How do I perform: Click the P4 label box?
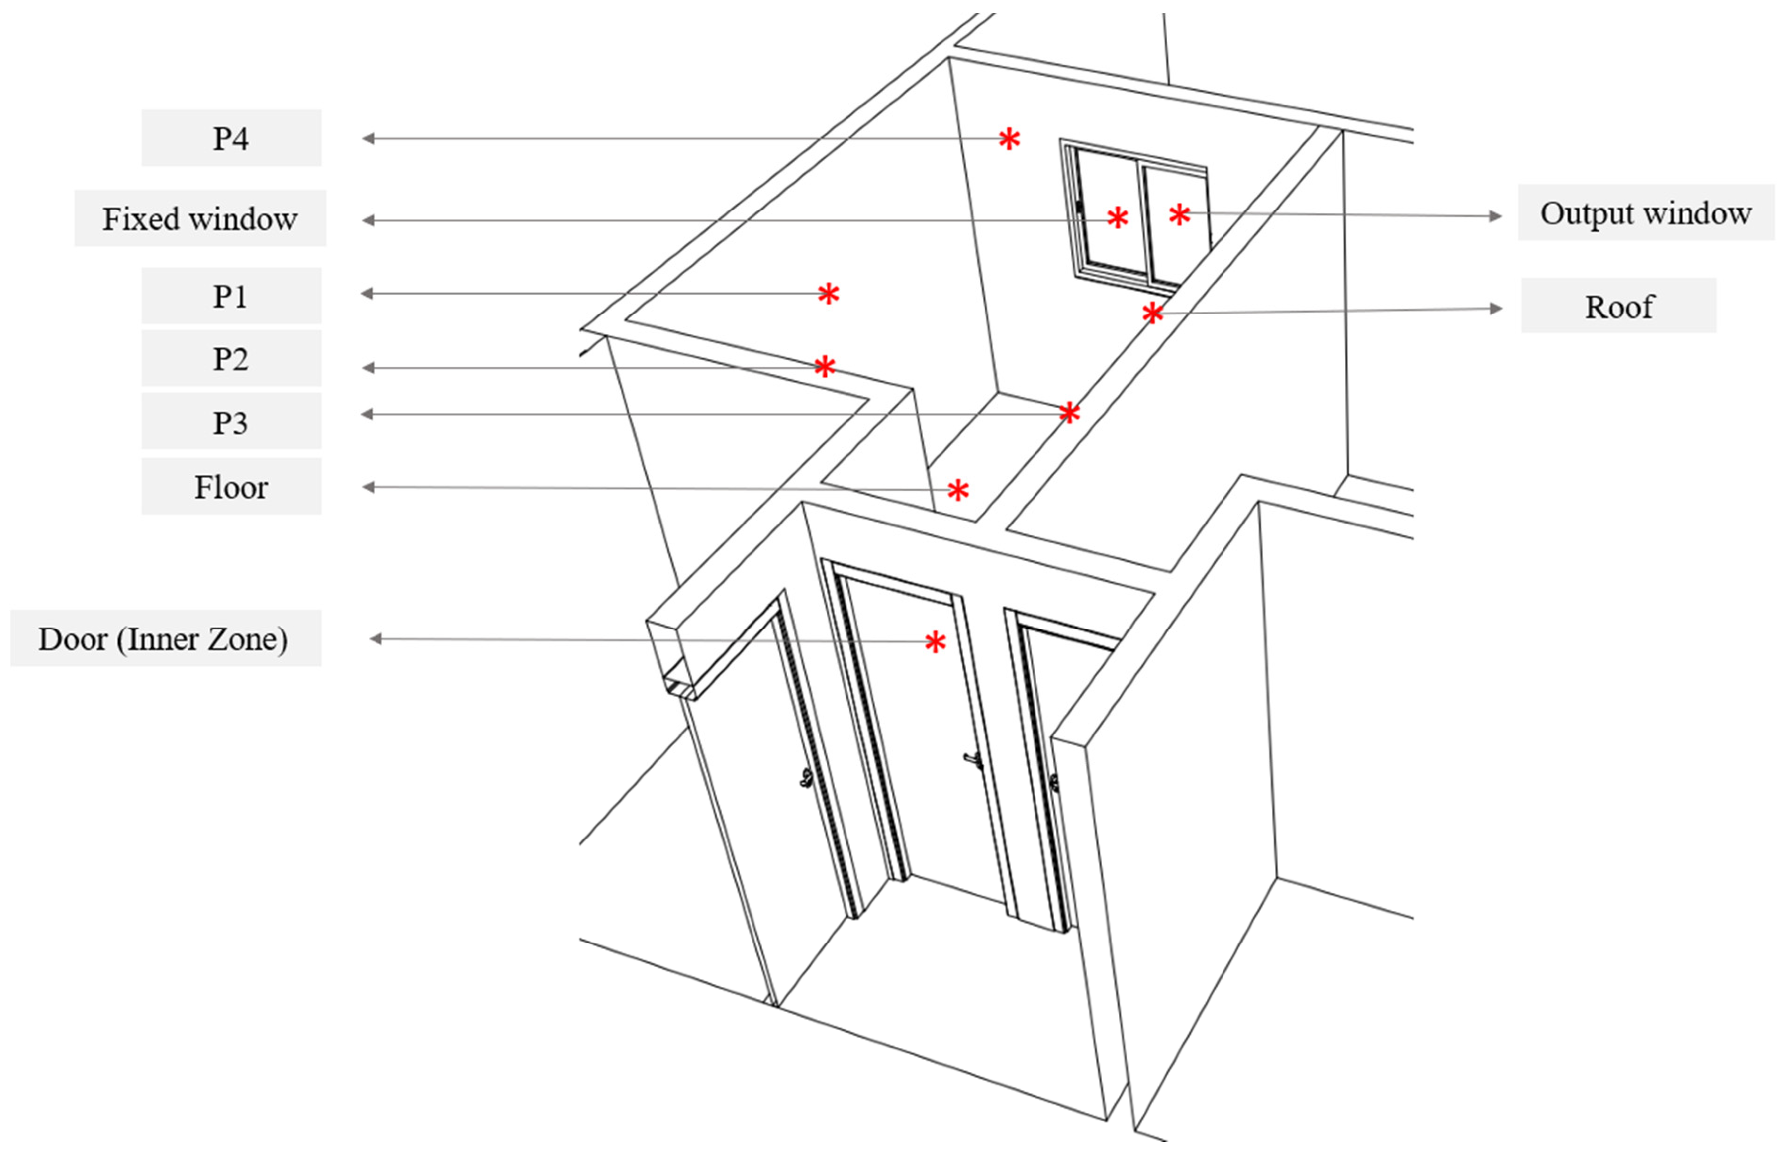[231, 138]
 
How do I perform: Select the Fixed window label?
[200, 218]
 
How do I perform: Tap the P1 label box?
[231, 296]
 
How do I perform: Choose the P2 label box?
[231, 359]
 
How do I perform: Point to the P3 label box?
[231, 421]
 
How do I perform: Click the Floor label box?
[231, 487]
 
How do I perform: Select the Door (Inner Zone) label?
[166, 638]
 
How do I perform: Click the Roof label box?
[1618, 306]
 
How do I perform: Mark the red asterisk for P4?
[1009, 138]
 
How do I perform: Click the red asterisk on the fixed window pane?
[1117, 218]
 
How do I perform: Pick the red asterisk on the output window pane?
[1179, 215]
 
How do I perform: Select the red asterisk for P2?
[824, 366]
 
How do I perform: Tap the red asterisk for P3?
[1069, 413]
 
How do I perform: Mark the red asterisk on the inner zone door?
[935, 641]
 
